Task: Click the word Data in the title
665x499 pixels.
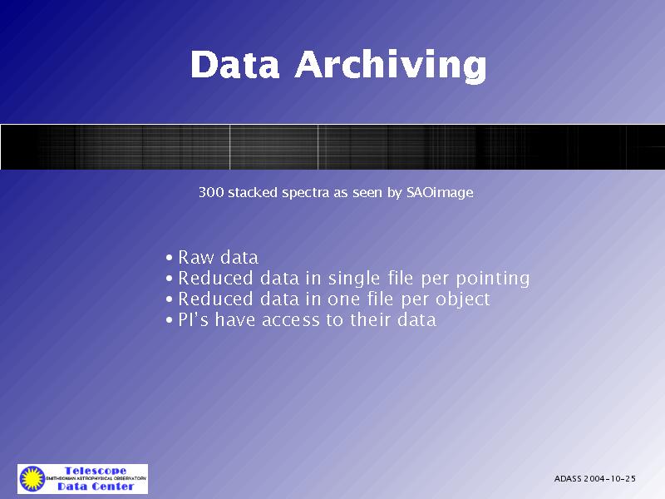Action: click(x=235, y=64)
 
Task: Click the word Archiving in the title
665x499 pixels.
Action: click(x=391, y=66)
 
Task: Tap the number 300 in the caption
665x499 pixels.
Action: click(x=211, y=192)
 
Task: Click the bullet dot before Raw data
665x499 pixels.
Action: click(x=170, y=258)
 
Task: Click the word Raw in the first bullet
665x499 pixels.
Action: click(x=196, y=257)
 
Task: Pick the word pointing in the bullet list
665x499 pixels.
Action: click(x=492, y=279)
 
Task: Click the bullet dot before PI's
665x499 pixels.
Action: click(x=170, y=320)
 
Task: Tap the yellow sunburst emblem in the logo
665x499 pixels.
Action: click(x=32, y=479)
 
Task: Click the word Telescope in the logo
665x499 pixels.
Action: click(x=96, y=471)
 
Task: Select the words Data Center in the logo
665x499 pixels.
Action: click(x=96, y=487)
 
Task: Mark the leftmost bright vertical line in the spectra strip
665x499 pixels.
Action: click(x=230, y=147)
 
